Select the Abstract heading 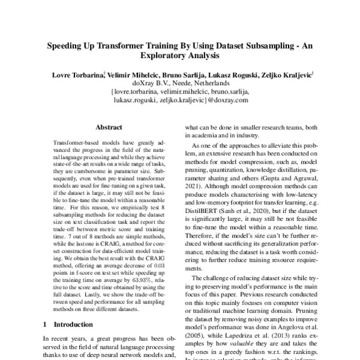click(x=109, y=128)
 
